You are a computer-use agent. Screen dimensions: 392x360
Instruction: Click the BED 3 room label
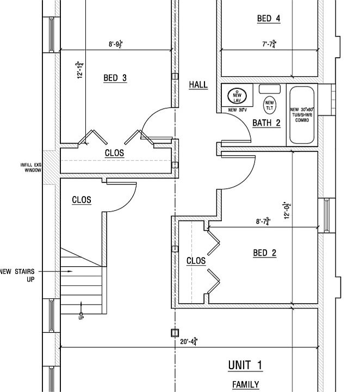115,78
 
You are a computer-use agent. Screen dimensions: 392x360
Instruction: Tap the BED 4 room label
269,19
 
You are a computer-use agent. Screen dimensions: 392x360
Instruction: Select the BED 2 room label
265,253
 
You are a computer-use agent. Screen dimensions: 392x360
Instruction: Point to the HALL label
198,85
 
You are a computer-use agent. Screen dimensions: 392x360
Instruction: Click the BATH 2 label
266,123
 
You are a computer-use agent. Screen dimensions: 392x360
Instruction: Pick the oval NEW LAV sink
237,96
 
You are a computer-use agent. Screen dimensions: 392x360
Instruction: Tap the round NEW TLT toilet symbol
269,103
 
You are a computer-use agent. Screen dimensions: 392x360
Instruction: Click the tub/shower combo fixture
302,114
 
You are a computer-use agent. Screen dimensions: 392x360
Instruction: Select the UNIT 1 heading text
245,365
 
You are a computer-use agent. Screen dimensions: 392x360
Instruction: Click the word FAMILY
246,385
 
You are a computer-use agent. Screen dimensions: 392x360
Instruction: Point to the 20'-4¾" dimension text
188,342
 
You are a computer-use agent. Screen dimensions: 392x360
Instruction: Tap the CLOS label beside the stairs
82,200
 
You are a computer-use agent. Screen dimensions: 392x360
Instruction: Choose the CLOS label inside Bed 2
196,261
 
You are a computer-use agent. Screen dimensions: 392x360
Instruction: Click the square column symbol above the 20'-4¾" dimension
175,333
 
